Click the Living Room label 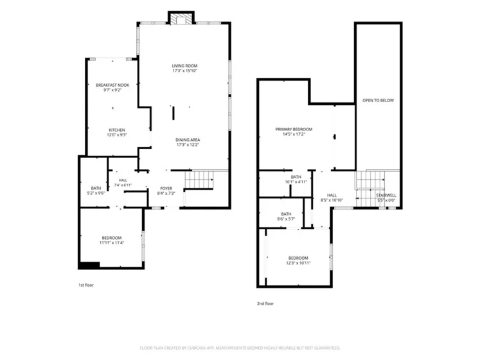pos(184,66)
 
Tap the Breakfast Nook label pos(112,85)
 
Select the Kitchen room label pos(117,130)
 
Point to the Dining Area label pos(188,140)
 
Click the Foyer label pos(166,188)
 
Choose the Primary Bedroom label pos(294,129)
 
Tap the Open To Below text pos(378,100)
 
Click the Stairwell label pos(386,195)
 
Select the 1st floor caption pos(86,285)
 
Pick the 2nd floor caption pos(265,303)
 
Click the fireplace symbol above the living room pos(181,19)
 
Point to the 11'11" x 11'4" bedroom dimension pos(112,243)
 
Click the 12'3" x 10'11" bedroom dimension pos(298,263)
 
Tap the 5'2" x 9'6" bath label pos(96,194)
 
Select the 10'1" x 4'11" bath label pos(296,182)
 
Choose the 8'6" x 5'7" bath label pos(286,219)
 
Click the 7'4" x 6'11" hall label pos(123,185)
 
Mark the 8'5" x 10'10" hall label pos(332,201)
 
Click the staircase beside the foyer pos(199,179)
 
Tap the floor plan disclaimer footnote pos(240,348)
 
